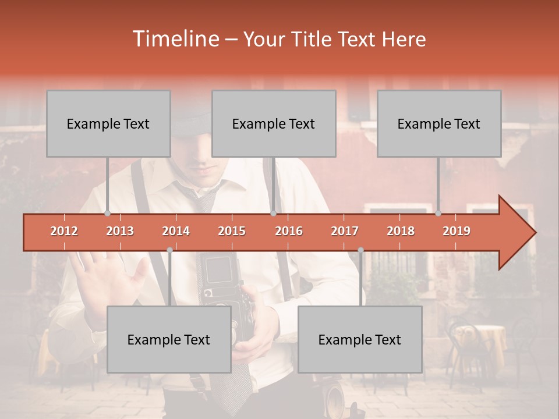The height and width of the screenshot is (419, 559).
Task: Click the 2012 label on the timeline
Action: [x=64, y=231]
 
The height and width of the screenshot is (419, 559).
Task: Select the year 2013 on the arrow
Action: [x=120, y=231]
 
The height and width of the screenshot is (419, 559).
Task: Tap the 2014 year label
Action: [x=176, y=231]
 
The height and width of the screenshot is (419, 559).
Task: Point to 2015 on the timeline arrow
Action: [x=232, y=231]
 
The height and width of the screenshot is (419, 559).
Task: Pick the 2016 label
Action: [x=289, y=231]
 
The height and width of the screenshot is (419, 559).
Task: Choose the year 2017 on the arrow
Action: [x=345, y=231]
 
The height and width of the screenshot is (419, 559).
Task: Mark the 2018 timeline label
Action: [x=401, y=231]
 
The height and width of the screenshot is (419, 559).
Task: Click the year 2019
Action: [x=457, y=231]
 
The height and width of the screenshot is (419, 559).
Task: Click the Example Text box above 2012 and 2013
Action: [x=108, y=123]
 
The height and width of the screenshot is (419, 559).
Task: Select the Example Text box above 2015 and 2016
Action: [x=274, y=123]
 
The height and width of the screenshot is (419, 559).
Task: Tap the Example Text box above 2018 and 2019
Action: [x=439, y=123]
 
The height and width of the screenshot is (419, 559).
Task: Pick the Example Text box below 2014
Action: [x=169, y=339]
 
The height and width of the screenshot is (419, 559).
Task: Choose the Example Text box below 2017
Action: [x=360, y=339]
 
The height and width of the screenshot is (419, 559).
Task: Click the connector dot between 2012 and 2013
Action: [x=107, y=214]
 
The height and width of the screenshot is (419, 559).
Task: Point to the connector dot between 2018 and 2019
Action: [x=438, y=214]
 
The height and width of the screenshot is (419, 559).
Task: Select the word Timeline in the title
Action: [x=175, y=39]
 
